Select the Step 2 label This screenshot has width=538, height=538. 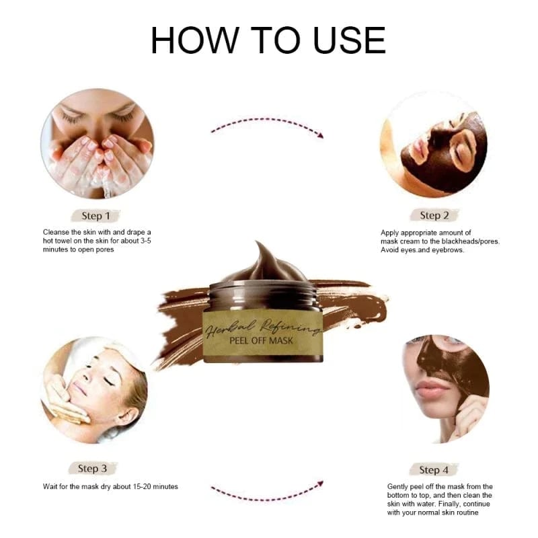point(434,215)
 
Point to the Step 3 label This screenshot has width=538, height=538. point(93,468)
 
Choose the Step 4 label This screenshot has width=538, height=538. point(434,469)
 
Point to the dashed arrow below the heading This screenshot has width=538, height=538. point(267,126)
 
